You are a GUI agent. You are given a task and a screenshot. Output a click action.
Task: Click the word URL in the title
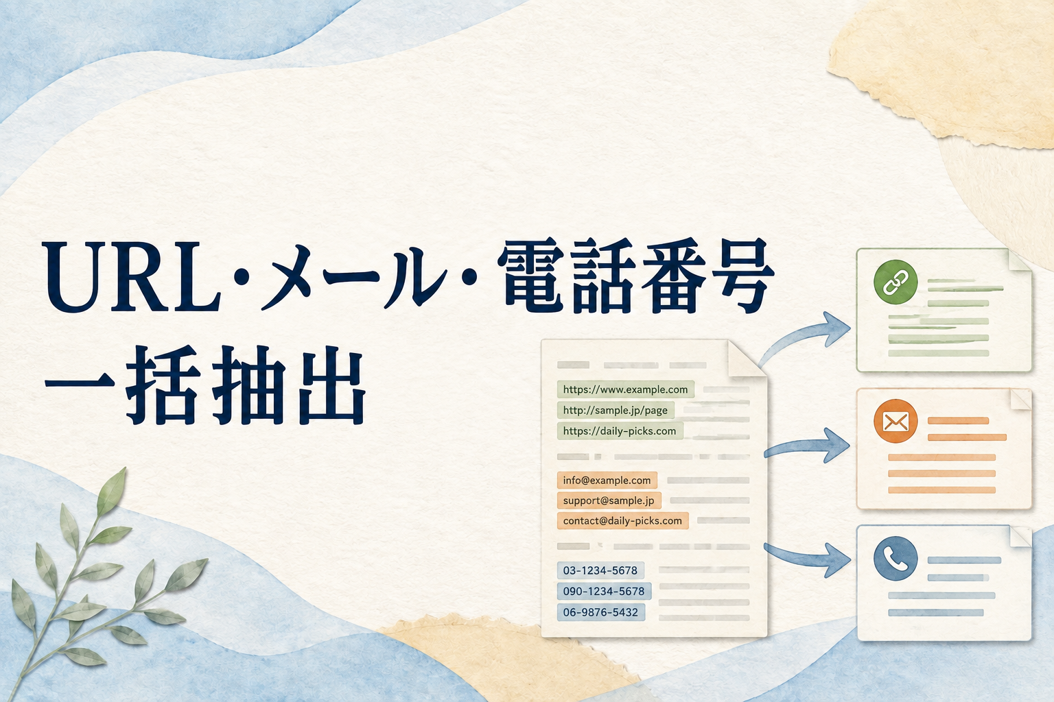point(131,277)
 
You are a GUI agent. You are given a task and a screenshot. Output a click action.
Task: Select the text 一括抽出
point(205,385)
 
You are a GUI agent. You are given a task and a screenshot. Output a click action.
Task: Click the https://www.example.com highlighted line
point(625,389)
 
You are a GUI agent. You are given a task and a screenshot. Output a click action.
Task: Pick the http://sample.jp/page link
point(616,410)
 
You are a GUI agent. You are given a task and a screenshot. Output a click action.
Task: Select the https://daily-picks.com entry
point(620,431)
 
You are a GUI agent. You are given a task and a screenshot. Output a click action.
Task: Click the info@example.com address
point(607,480)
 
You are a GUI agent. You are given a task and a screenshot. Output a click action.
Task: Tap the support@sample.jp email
point(609,500)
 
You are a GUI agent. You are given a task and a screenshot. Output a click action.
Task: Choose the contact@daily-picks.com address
point(622,520)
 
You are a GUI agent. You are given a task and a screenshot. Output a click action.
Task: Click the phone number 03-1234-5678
point(600,570)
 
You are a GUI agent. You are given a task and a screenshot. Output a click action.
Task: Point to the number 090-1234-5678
point(604,591)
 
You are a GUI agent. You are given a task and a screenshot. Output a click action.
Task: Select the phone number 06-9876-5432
point(601,612)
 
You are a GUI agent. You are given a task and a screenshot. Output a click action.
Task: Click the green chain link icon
point(895,282)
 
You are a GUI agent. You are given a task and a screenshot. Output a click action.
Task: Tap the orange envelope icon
point(895,422)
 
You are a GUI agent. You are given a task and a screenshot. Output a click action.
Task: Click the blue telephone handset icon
point(895,559)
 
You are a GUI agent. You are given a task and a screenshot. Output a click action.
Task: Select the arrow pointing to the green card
point(800,335)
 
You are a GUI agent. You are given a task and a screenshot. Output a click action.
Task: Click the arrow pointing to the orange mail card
point(806,446)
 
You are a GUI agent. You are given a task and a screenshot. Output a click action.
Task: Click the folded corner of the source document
point(745,359)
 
